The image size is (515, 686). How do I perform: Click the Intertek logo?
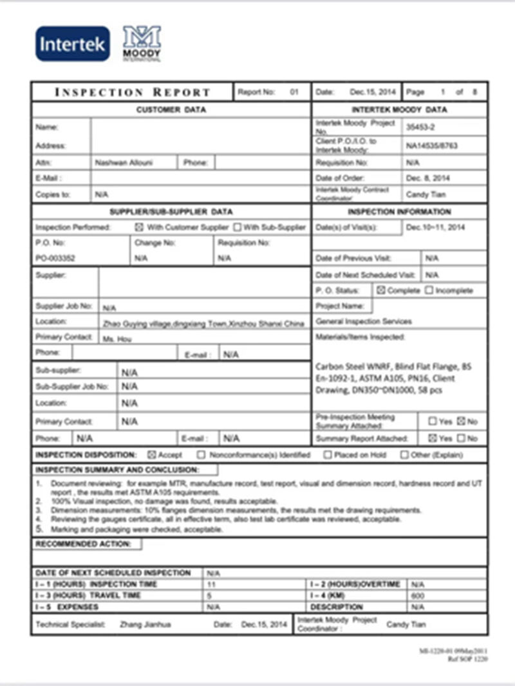click(72, 44)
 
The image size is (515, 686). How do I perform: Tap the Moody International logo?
click(142, 43)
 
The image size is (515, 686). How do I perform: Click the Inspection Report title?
click(133, 92)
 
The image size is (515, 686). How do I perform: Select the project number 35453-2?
click(421, 127)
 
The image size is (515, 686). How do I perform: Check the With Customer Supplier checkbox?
click(139, 227)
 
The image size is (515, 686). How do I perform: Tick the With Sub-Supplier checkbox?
click(238, 227)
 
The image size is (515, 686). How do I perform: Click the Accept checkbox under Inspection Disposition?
click(151, 455)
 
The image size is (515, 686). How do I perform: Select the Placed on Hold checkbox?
click(328, 455)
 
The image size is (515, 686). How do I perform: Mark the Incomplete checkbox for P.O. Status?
click(429, 290)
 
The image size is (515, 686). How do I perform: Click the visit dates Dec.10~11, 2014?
click(436, 227)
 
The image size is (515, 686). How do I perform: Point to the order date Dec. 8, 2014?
click(428, 178)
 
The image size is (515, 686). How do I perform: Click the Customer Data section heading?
click(171, 110)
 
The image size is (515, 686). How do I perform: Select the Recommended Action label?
click(83, 544)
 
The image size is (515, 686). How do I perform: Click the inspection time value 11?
click(211, 584)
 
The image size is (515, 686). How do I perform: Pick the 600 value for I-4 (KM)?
click(417, 596)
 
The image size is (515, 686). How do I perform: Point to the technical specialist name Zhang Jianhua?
click(145, 624)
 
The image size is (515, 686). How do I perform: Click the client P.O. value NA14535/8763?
click(432, 146)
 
